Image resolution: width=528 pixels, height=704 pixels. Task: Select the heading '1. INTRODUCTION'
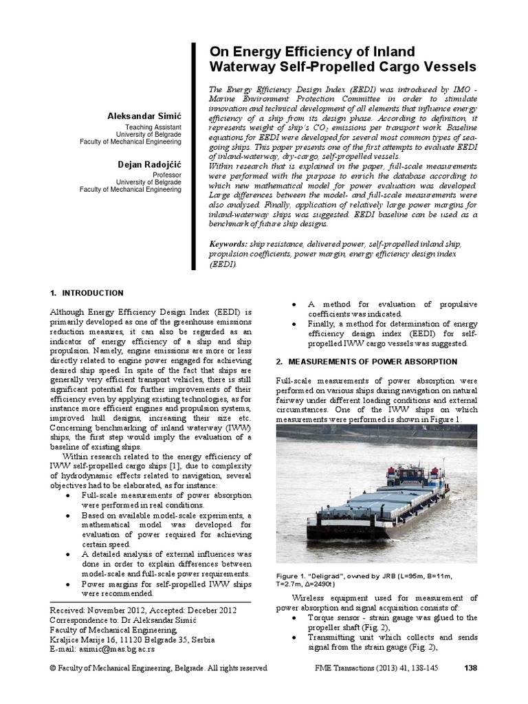87,293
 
